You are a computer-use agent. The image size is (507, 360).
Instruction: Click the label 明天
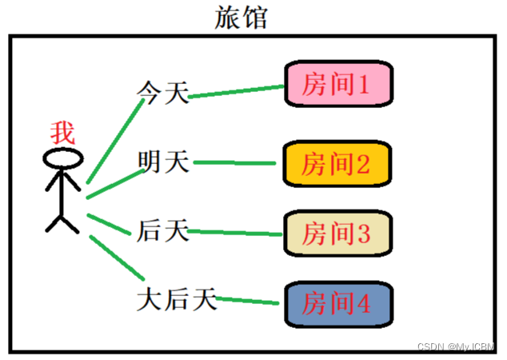[163, 162]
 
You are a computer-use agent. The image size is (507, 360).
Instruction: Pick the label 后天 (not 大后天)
[163, 231]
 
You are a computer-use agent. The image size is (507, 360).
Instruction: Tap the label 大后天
[177, 300]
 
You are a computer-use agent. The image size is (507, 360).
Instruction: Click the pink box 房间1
[338, 82]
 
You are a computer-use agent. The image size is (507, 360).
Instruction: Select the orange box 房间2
[338, 164]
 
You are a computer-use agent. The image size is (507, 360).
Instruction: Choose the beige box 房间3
[338, 234]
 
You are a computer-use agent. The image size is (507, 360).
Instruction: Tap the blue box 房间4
[338, 303]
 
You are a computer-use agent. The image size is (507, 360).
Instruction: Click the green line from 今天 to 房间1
[238, 91]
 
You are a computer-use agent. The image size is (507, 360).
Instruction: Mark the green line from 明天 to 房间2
[238, 163]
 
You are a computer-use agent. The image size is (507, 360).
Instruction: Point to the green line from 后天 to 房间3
[238, 232]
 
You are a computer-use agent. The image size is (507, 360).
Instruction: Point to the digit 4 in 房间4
[364, 304]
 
